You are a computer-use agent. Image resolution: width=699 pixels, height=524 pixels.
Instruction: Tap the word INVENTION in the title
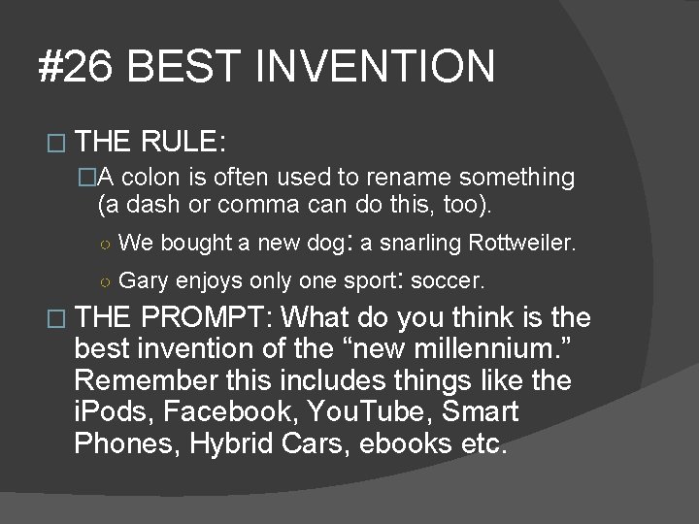(378, 68)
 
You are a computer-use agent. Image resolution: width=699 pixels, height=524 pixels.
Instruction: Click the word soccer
(448, 281)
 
